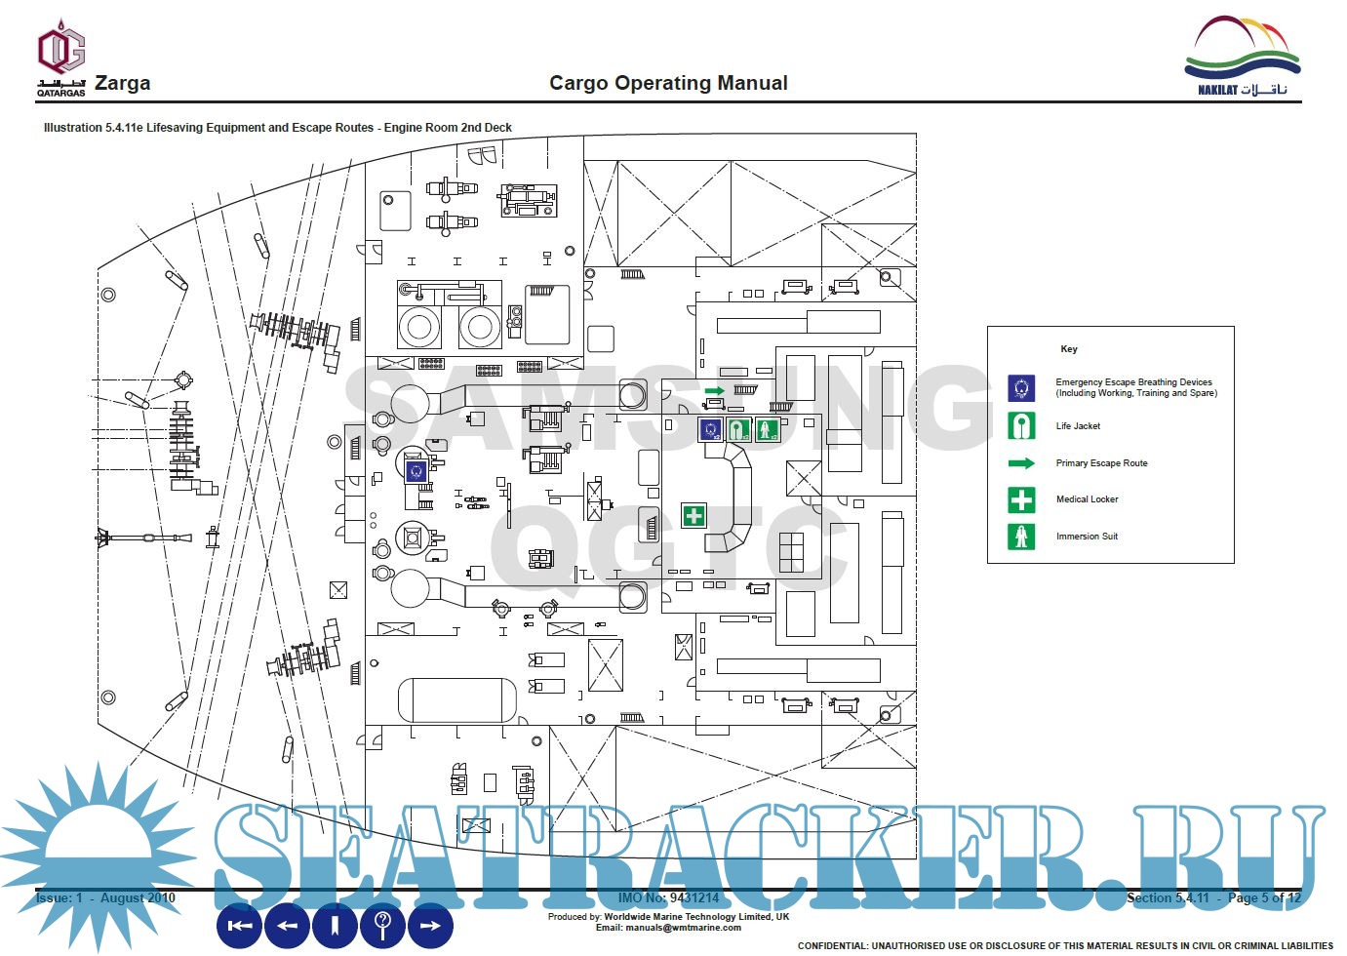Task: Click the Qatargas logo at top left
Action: (60, 59)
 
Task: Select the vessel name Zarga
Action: (122, 83)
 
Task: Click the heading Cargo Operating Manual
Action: (668, 83)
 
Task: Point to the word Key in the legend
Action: (1069, 349)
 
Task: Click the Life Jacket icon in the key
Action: (1021, 426)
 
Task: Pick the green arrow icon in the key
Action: (1021, 463)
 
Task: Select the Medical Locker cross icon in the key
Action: (1021, 499)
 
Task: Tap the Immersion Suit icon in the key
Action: (1021, 537)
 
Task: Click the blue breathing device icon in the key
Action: (1021, 388)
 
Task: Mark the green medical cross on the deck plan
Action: (693, 515)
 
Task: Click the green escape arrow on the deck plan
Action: (715, 391)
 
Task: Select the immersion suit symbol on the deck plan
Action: (768, 428)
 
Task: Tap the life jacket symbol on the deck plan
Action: (739, 428)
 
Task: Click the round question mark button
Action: (383, 925)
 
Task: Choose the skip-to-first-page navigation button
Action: (239, 925)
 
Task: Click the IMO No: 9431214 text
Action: (668, 897)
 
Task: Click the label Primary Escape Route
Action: (1101, 463)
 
